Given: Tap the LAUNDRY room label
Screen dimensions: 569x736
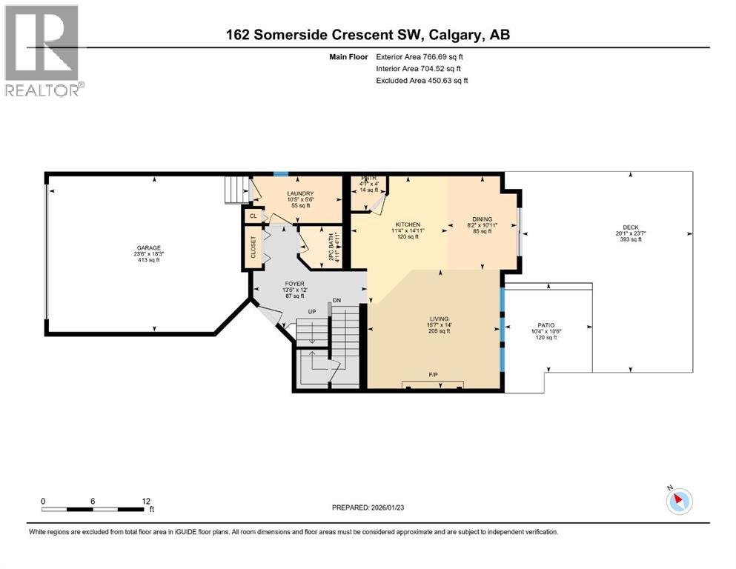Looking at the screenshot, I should (300, 194).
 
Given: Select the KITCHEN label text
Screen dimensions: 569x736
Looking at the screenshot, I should (408, 224).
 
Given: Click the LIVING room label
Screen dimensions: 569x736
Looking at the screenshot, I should (438, 319).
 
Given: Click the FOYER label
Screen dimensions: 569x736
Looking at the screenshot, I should (296, 283).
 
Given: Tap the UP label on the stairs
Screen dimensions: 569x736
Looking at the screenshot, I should (313, 312).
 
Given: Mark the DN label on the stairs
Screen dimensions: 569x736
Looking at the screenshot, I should (336, 300).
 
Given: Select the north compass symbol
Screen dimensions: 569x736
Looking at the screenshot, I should (678, 501).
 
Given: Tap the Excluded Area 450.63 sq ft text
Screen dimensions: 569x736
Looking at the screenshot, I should (422, 80).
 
